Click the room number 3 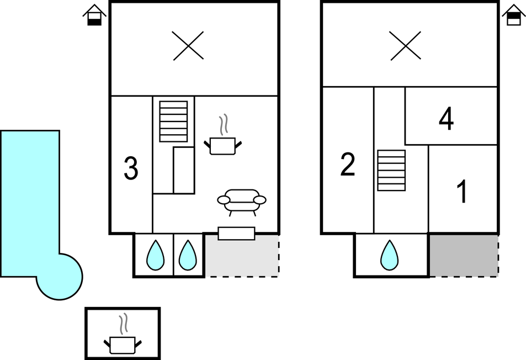pos(131,169)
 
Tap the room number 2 pos(348,165)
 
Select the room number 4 pos(446,119)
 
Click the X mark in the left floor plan pos(188,45)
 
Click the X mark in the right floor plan pos(406,45)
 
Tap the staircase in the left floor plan pos(173,121)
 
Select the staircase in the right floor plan pos(391,170)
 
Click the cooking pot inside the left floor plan pos(223,143)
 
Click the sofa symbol pos(242,200)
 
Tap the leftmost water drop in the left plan pos(155,255)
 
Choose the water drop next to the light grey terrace pos(188,255)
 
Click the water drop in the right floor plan pos(390,255)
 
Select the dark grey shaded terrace pos(463,255)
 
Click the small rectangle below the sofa pos(236,234)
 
